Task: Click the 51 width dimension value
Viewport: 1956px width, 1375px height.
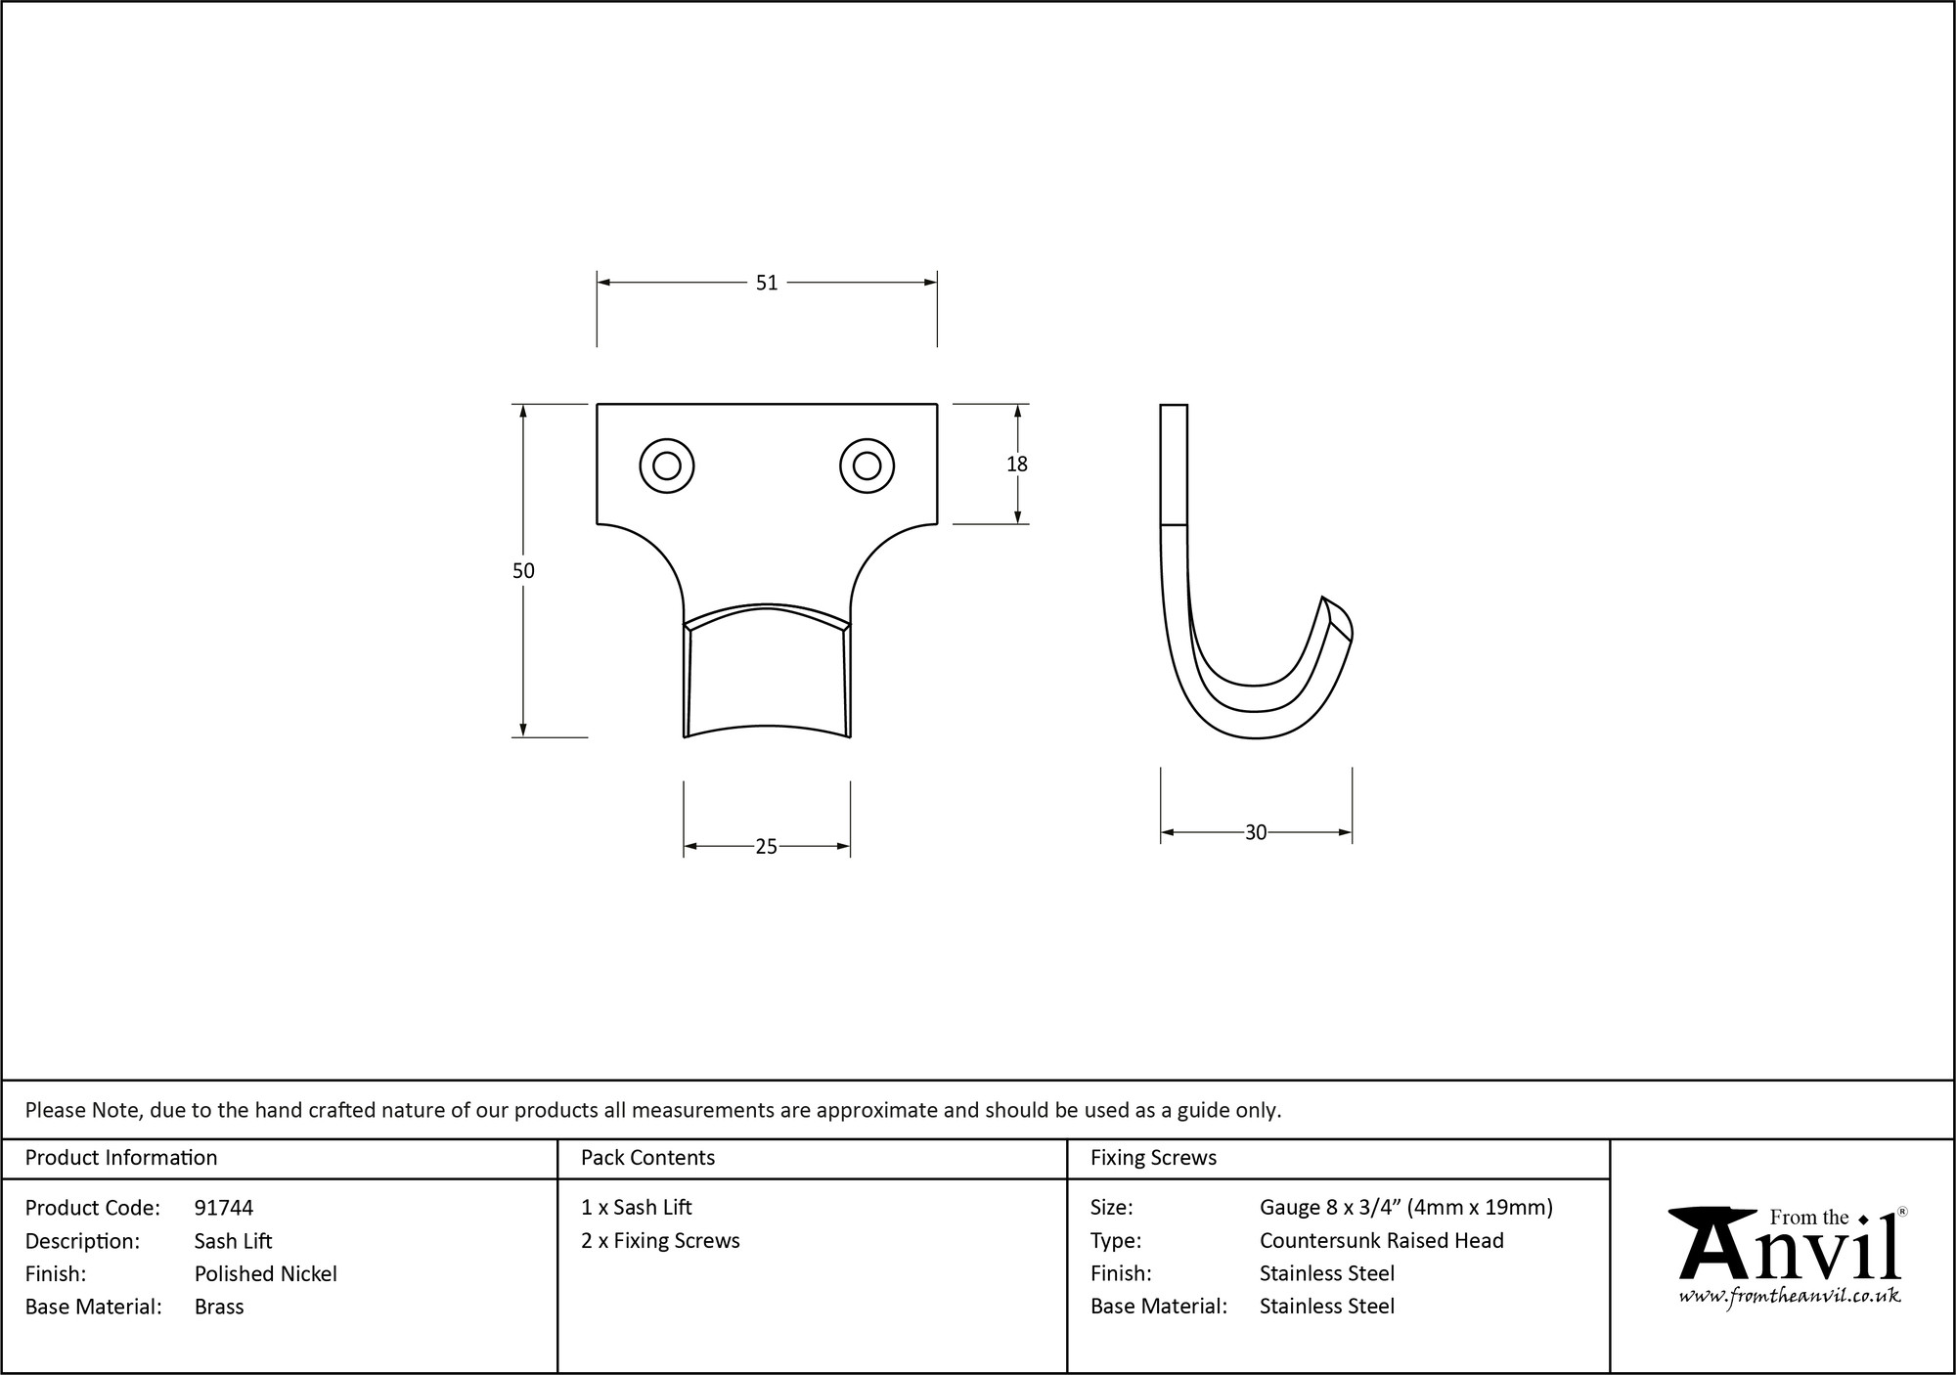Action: (766, 283)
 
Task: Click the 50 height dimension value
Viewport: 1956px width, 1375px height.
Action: (523, 570)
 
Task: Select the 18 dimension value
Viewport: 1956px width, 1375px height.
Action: (1017, 465)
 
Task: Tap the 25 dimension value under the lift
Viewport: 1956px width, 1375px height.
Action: (766, 847)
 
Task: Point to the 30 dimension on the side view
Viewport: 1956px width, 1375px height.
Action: (1256, 832)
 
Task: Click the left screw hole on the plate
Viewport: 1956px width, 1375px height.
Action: (667, 466)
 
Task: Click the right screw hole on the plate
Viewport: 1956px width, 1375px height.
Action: (867, 466)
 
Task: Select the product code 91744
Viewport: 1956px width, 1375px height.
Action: (224, 1208)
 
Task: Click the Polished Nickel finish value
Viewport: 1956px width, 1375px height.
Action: (265, 1273)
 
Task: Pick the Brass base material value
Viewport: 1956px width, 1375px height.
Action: (219, 1307)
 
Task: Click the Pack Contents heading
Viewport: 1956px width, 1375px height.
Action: (647, 1158)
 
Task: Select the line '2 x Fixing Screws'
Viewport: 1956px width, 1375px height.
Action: (660, 1240)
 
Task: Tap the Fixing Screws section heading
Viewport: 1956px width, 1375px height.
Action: (1153, 1158)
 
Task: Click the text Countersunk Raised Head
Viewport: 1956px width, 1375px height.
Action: (1381, 1240)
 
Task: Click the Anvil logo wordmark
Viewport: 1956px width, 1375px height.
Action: (1790, 1252)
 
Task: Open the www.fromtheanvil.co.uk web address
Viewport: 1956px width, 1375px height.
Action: (1790, 1296)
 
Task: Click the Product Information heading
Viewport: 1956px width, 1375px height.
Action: (121, 1158)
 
